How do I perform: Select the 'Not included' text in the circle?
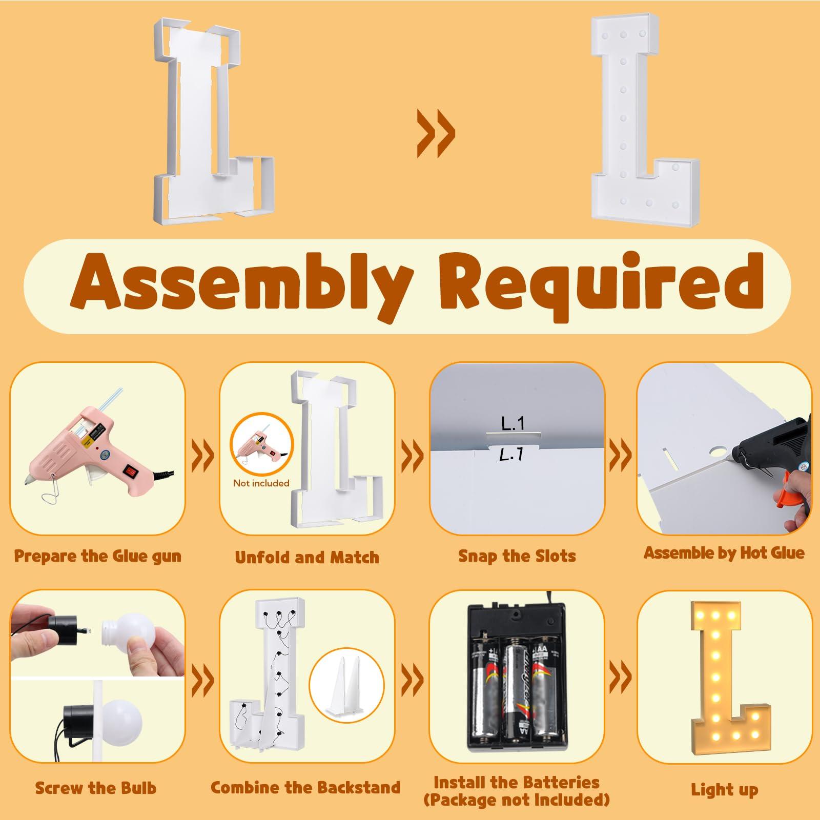pyautogui.click(x=261, y=483)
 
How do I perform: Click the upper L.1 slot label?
pyautogui.click(x=512, y=423)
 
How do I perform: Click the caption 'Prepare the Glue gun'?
pyautogui.click(x=97, y=556)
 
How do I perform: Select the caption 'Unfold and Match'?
pyautogui.click(x=307, y=557)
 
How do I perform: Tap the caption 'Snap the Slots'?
pyautogui.click(x=517, y=556)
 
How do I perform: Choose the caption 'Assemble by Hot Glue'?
pyautogui.click(x=724, y=552)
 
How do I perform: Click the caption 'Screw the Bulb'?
pyautogui.click(x=96, y=788)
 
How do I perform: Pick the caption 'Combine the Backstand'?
pyautogui.click(x=305, y=787)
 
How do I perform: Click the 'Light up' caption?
pyautogui.click(x=724, y=790)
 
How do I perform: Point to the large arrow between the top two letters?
pyautogui.click(x=436, y=135)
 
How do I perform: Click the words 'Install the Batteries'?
pyautogui.click(x=517, y=783)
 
